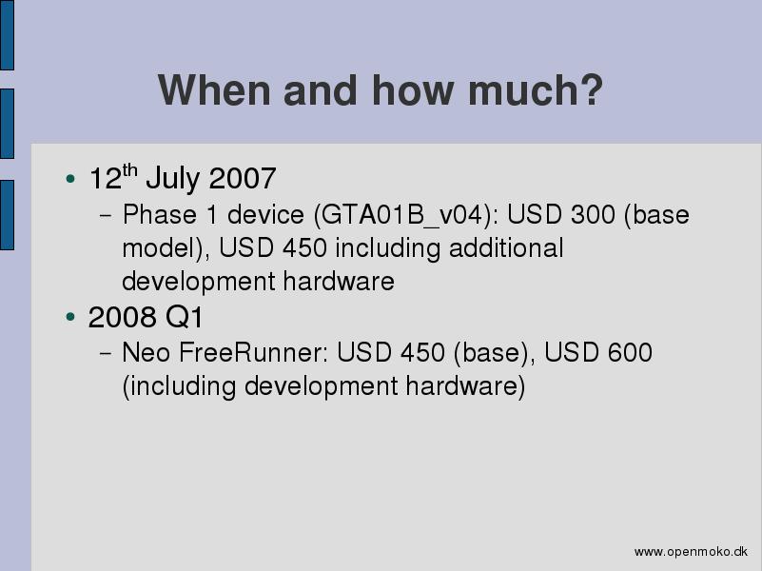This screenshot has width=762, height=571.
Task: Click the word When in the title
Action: pyautogui.click(x=214, y=89)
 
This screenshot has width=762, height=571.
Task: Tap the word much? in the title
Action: pyautogui.click(x=535, y=89)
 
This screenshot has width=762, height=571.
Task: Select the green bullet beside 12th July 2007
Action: pyautogui.click(x=70, y=179)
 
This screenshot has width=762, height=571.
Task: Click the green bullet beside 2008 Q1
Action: pyautogui.click(x=70, y=317)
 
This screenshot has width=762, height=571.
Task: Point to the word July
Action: pyautogui.click(x=172, y=179)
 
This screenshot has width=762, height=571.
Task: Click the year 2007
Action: pyautogui.click(x=243, y=178)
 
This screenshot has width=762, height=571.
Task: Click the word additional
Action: pyautogui.click(x=506, y=247)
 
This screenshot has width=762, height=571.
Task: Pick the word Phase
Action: pyautogui.click(x=160, y=214)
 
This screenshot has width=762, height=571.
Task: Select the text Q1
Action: pyautogui.click(x=184, y=317)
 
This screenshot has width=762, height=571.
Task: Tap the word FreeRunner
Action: pyautogui.click(x=254, y=352)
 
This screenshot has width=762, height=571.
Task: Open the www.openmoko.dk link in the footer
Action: pyautogui.click(x=691, y=552)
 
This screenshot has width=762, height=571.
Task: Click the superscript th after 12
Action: pyautogui.click(x=129, y=170)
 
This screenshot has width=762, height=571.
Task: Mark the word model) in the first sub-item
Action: pyautogui.click(x=166, y=248)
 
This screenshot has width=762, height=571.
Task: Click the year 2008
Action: pyautogui.click(x=122, y=317)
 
